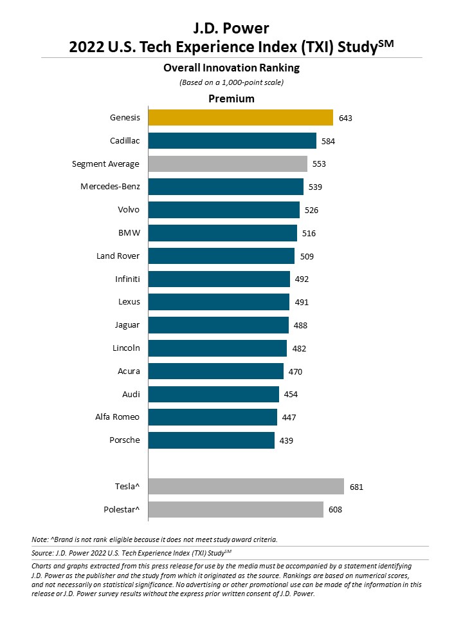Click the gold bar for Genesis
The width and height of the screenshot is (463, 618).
pyautogui.click(x=241, y=117)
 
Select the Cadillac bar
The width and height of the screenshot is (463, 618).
pyautogui.click(x=232, y=141)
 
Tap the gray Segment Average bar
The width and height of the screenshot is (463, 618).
pyautogui.click(x=228, y=164)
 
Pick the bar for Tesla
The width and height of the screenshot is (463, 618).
pyautogui.click(x=246, y=487)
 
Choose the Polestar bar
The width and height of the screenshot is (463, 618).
pyautogui.click(x=236, y=509)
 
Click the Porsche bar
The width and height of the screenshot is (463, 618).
pyautogui.click(x=212, y=440)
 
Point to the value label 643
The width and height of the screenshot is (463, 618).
pyautogui.click(x=345, y=118)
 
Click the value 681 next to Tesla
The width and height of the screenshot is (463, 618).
pyautogui.click(x=356, y=487)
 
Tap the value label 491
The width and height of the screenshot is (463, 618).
pyautogui.click(x=302, y=303)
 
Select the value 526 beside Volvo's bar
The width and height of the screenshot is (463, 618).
pyautogui.click(x=311, y=210)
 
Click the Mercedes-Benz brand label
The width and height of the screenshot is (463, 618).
pyautogui.click(x=110, y=187)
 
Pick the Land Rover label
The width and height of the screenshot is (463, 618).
pyautogui.click(x=118, y=256)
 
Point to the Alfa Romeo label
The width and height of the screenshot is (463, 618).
pyautogui.click(x=117, y=417)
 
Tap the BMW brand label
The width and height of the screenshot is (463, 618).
pyautogui.click(x=129, y=232)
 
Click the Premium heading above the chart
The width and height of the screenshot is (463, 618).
pyautogui.click(x=232, y=98)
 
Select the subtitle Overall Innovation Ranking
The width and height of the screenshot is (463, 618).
pyautogui.click(x=232, y=68)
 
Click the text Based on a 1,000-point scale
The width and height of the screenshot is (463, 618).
pyautogui.click(x=232, y=82)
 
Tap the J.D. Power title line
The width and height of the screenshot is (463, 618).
pyautogui.click(x=231, y=28)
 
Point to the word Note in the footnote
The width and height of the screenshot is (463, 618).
pyautogui.click(x=40, y=539)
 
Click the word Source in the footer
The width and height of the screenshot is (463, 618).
pyautogui.click(x=42, y=553)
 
